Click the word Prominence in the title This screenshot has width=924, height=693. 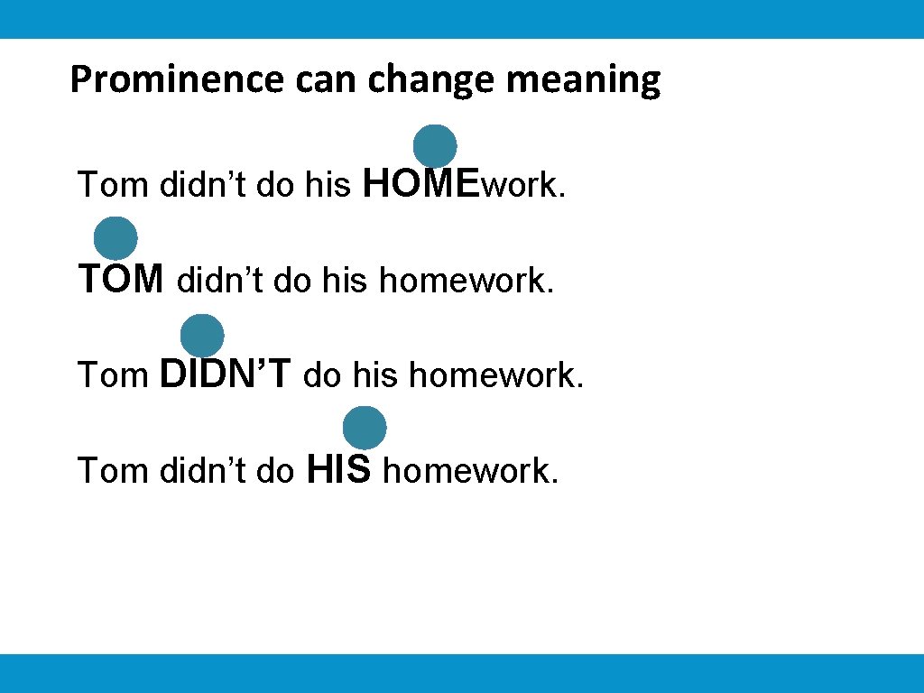(178, 80)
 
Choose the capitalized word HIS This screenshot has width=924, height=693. (339, 469)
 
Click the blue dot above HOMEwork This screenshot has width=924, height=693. (435, 145)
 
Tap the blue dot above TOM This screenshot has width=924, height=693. (115, 239)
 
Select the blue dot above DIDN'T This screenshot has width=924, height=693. (202, 336)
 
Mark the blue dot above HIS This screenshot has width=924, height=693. (365, 428)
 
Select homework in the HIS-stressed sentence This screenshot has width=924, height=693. (471, 471)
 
